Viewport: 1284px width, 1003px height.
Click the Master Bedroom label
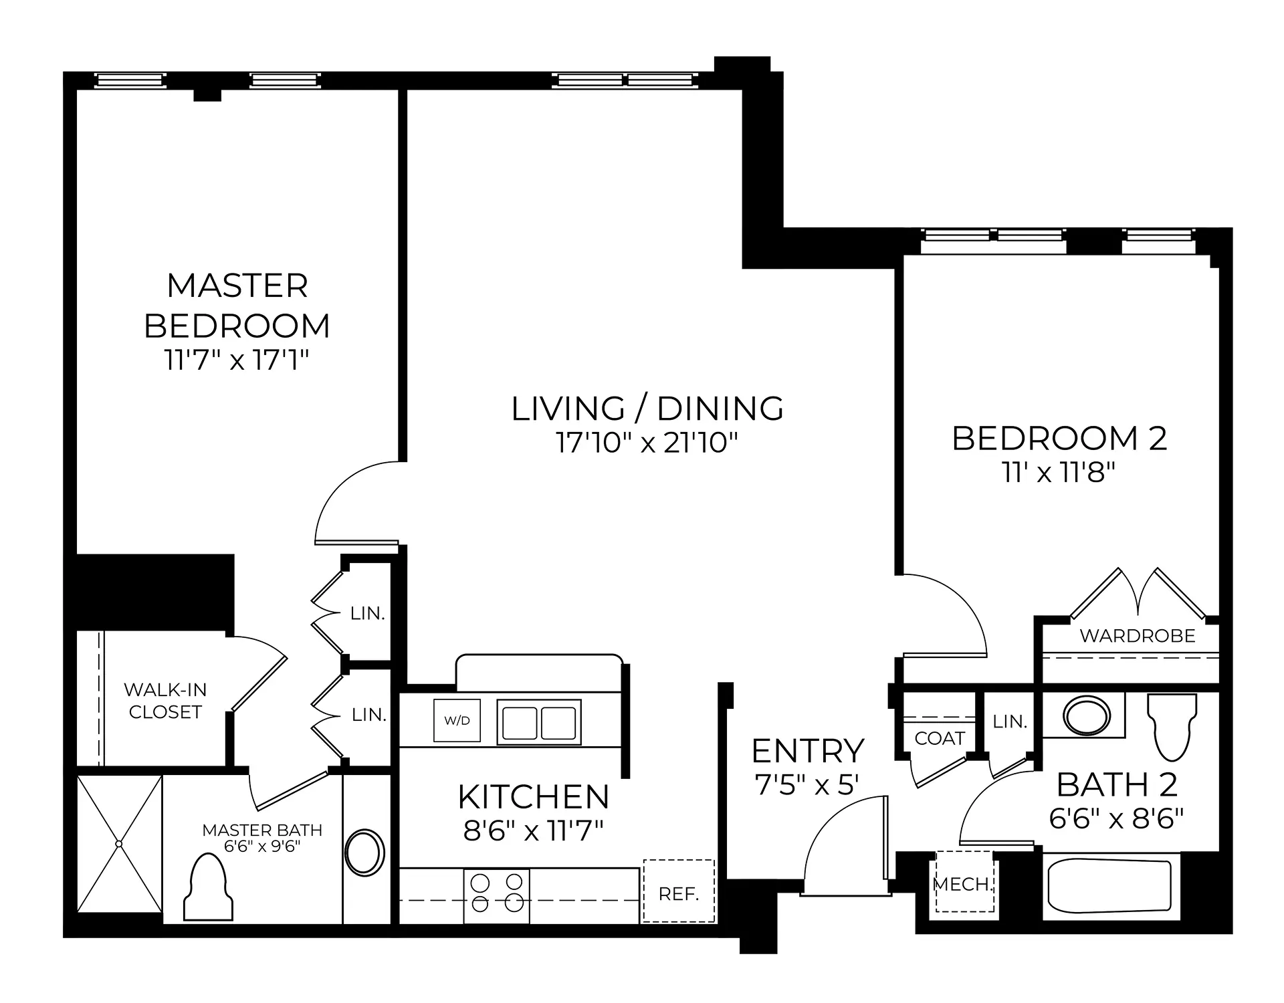(237, 306)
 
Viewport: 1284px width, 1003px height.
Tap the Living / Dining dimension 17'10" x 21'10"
(647, 443)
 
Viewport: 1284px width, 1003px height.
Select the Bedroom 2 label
(1059, 439)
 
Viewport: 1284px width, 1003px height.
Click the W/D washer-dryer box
(457, 720)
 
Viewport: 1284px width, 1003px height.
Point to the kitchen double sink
(539, 722)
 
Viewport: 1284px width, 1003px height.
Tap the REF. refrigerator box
(679, 891)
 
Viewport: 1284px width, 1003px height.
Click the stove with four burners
(497, 896)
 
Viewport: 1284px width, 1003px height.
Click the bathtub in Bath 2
(1109, 887)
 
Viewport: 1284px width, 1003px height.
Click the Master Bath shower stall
(120, 843)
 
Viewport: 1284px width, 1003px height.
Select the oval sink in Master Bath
(364, 852)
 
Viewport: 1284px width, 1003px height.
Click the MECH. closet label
(963, 885)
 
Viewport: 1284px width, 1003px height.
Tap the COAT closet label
(940, 738)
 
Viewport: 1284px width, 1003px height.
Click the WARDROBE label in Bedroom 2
(1138, 636)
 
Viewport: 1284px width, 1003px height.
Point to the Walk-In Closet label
(165, 701)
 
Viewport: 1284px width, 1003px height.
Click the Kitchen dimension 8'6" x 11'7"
(534, 831)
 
